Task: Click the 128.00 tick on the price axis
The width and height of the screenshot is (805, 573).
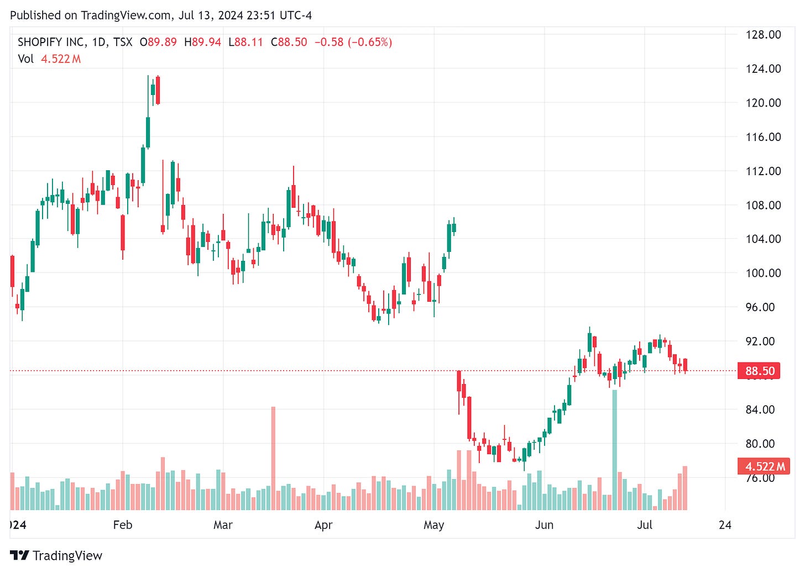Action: pos(763,35)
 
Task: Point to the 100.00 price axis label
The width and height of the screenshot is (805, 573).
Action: pos(763,273)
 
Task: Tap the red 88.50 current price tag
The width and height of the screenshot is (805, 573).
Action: pos(759,371)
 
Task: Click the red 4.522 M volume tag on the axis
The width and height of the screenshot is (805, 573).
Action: pos(764,466)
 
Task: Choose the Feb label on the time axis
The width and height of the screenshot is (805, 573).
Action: pos(123,525)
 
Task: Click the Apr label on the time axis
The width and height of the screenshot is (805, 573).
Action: pos(323,525)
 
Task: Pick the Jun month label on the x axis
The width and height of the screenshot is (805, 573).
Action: pos(544,525)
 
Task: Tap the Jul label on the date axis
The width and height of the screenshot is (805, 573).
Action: pos(645,525)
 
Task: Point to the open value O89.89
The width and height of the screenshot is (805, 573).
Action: pos(158,42)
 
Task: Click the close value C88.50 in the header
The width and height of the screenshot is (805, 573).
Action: pos(289,42)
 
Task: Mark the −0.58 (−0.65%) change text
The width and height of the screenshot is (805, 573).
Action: pos(353,42)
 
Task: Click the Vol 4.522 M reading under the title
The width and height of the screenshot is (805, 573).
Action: pos(49,59)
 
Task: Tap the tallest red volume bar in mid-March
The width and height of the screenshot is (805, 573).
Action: pos(273,459)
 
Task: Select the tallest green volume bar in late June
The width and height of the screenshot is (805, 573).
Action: pos(614,450)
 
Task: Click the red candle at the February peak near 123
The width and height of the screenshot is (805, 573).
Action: pos(158,90)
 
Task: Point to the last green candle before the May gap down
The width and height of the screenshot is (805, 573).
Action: pos(454,227)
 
